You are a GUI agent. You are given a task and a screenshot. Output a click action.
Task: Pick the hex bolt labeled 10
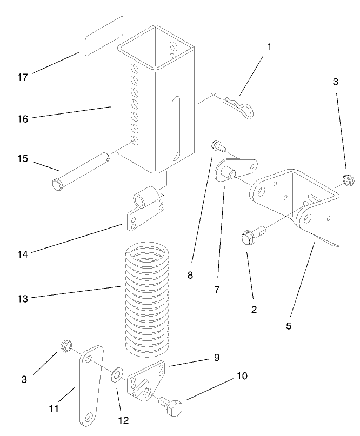pos(172,405)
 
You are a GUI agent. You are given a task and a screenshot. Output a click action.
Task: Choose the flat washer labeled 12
pos(117,375)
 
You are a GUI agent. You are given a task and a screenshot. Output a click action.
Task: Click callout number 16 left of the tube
pos(22,118)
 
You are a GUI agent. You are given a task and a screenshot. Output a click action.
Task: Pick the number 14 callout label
pos(22,252)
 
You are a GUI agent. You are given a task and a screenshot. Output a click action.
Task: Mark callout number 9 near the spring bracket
pos(217,357)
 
